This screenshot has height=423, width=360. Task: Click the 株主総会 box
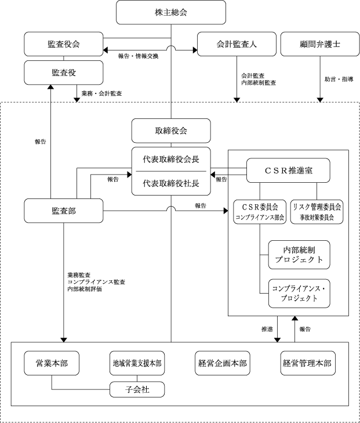tap(171, 12)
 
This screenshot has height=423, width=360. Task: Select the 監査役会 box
tap(64, 44)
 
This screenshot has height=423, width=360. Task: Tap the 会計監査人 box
tap(237, 44)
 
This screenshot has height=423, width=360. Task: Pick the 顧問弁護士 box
tap(320, 44)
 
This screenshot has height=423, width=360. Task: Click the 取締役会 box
tap(171, 131)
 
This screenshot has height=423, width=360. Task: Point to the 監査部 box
tap(64, 211)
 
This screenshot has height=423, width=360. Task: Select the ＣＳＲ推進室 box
tap(288, 171)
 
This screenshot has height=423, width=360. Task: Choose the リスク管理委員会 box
tap(317, 212)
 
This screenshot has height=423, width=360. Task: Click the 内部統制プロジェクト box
tap(299, 255)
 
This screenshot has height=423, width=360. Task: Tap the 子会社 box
tap(137, 389)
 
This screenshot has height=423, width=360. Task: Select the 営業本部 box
tap(52, 363)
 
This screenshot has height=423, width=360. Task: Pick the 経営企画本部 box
tap(223, 363)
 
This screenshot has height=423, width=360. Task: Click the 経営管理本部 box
tap(308, 363)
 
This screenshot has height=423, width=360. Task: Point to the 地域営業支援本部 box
tap(137, 363)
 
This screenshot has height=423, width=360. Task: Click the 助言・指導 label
tap(339, 79)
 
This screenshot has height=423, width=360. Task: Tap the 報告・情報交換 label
tap(138, 56)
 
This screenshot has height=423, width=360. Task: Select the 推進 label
tap(267, 329)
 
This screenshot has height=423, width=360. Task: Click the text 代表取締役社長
tap(171, 183)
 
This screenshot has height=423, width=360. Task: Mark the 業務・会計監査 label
tap(101, 93)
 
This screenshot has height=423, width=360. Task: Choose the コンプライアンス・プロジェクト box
tap(299, 293)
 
